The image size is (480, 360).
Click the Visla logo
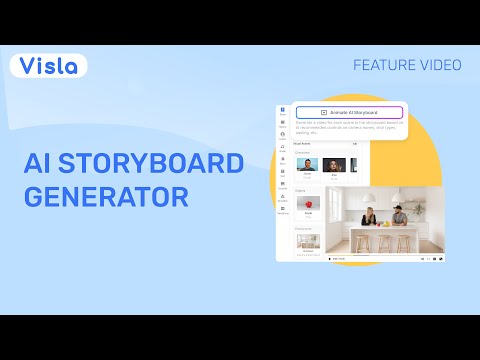(x=49, y=66)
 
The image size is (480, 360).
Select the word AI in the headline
(x=39, y=163)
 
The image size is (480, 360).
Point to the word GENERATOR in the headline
(x=106, y=196)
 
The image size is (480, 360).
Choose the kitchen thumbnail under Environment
(x=307, y=241)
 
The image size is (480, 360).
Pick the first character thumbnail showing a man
(x=307, y=166)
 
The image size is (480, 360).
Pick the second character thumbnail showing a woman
(x=334, y=166)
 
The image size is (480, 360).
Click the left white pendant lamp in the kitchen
(x=368, y=196)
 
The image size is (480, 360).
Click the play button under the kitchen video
(x=330, y=258)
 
